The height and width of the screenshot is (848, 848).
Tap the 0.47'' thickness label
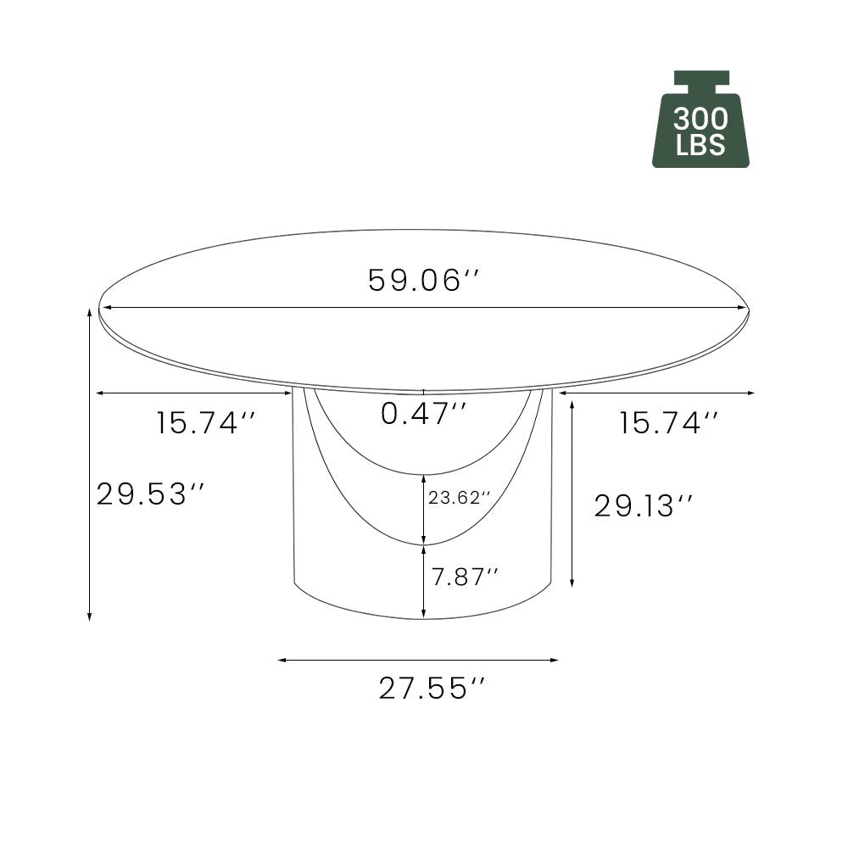(x=423, y=414)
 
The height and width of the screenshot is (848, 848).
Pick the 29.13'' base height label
(x=644, y=506)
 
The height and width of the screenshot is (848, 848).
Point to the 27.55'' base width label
(x=435, y=689)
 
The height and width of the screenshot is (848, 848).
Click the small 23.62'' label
(x=460, y=499)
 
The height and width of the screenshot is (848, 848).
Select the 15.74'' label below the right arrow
(x=669, y=422)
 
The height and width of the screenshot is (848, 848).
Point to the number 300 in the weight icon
(x=700, y=119)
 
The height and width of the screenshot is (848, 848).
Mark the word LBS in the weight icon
(x=700, y=145)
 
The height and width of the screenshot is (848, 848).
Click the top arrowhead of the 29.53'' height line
(x=90, y=312)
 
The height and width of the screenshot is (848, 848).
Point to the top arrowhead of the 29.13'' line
(x=573, y=404)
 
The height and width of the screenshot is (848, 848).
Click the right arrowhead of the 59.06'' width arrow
(x=745, y=308)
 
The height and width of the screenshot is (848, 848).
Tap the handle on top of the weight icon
(x=701, y=79)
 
